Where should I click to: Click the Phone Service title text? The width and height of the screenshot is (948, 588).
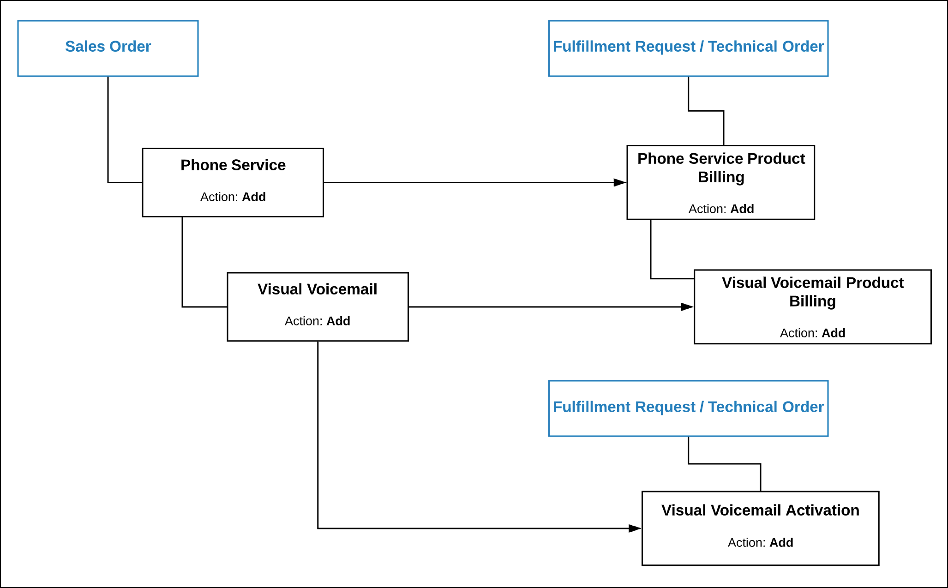click(x=233, y=165)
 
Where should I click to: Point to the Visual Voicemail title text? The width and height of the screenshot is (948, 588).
click(x=317, y=289)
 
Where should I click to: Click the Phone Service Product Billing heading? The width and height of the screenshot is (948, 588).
click(x=721, y=168)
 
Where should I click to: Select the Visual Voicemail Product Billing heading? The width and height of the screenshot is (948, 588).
click(x=812, y=292)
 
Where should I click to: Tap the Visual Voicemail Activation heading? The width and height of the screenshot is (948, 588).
click(x=760, y=510)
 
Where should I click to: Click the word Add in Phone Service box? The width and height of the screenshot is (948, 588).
click(x=254, y=197)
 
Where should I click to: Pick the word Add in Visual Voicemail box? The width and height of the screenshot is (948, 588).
click(x=338, y=321)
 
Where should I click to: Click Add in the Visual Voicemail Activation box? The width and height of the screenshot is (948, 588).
click(x=781, y=543)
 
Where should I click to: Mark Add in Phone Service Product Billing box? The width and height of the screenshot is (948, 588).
click(x=742, y=209)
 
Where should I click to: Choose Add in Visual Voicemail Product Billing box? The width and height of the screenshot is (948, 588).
click(x=834, y=333)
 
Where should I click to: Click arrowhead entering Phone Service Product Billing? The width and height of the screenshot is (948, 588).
click(x=620, y=183)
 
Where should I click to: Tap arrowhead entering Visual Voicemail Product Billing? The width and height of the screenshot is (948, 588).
click(x=688, y=307)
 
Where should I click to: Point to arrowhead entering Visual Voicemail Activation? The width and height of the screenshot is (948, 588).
click(x=636, y=528)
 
